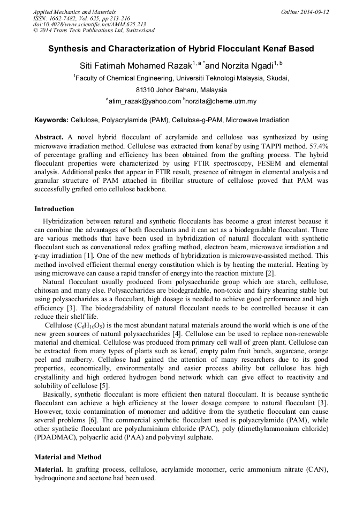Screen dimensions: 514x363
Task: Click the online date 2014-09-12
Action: click(x=314, y=12)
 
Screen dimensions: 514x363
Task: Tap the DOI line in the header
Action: click(x=89, y=24)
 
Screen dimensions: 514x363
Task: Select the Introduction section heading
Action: click(x=54, y=208)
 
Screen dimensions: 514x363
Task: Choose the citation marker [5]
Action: click(x=104, y=386)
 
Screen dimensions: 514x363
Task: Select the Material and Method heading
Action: click(x=69, y=457)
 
